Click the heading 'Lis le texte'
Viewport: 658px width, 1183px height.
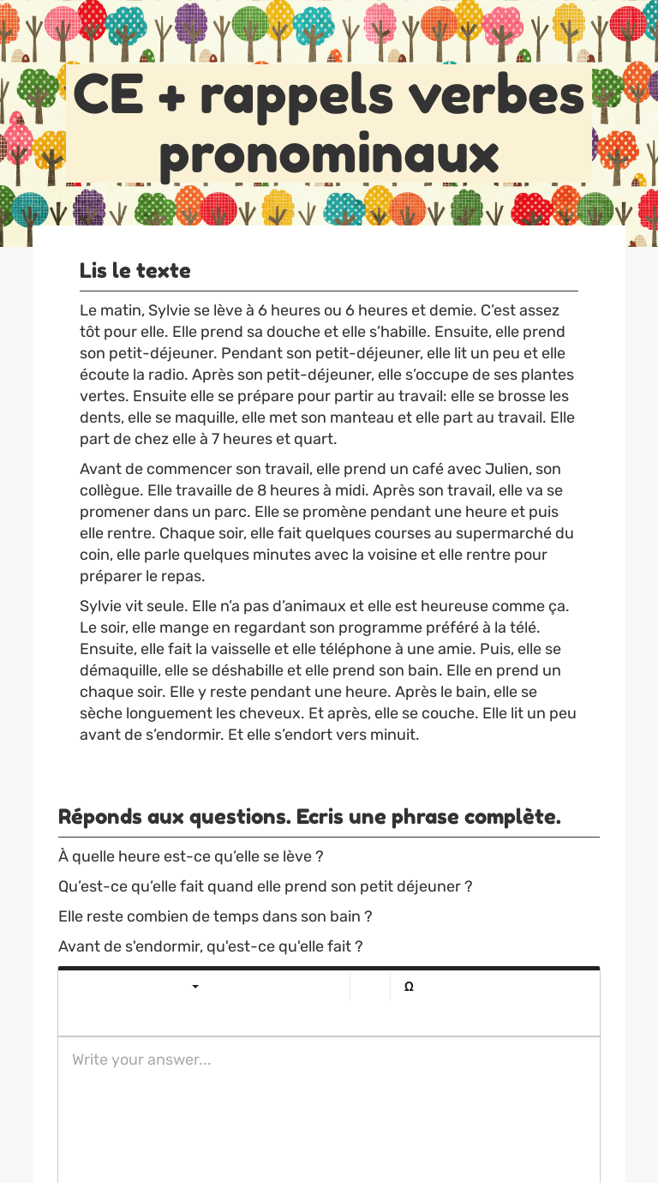135,271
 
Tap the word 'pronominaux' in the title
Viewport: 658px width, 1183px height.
329,154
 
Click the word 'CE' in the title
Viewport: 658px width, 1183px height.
108,94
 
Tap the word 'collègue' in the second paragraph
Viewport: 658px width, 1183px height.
111,490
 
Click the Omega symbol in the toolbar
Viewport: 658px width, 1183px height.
409,987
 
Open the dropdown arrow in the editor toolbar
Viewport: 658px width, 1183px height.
195,987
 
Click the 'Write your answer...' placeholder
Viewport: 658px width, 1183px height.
141,1060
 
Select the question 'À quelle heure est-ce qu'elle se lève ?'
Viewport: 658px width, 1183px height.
190,856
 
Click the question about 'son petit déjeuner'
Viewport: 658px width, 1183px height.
265,886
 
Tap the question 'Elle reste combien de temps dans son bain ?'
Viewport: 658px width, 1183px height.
215,916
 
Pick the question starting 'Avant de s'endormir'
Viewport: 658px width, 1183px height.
210,946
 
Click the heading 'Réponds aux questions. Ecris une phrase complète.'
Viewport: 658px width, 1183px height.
309,817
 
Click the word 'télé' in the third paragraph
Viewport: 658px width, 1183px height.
522,628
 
